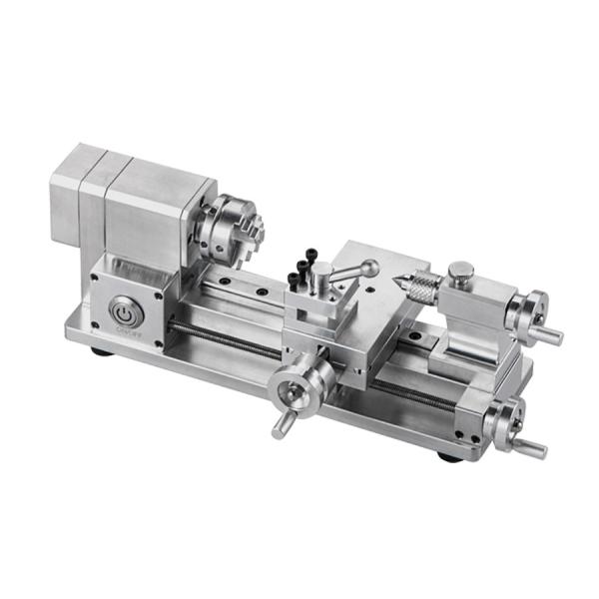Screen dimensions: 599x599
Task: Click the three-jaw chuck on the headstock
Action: pyautogui.click(x=228, y=225)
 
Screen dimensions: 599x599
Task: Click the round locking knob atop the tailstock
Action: pyautogui.click(x=460, y=271)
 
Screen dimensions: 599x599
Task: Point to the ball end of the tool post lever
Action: pyautogui.click(x=369, y=267)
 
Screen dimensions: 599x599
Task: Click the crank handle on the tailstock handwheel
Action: pyautogui.click(x=551, y=336)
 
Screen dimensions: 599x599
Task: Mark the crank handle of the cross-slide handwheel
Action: pyautogui.click(x=281, y=427)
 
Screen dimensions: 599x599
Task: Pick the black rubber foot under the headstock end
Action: pyautogui.click(x=99, y=350)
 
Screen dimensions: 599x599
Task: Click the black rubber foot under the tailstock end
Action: pyautogui.click(x=446, y=457)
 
